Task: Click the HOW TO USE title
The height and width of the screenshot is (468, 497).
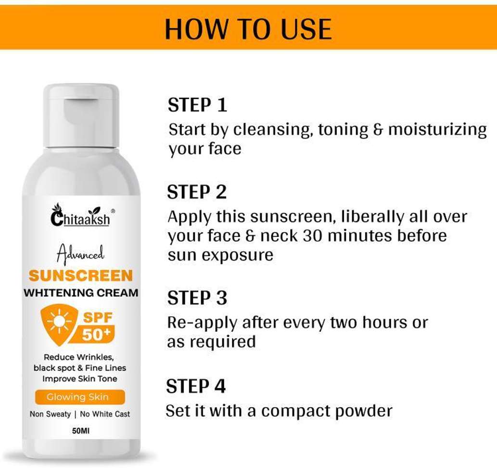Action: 248,29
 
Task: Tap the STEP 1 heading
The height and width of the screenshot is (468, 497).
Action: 197,104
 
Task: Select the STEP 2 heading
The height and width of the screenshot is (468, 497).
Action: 197,192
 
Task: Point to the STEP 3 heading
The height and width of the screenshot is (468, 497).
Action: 197,298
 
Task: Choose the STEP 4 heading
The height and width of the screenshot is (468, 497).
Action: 196,386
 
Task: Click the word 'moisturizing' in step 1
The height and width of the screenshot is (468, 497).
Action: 437,130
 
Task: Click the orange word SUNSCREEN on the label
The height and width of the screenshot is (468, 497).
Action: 81,276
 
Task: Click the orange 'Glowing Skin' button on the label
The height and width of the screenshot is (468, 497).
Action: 80,397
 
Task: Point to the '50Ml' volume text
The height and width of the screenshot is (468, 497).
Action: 81,430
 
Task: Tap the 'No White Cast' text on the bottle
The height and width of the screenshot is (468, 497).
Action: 105,414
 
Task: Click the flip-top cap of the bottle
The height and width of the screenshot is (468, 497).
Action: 81,116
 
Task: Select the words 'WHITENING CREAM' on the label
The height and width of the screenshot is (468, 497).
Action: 81,293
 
